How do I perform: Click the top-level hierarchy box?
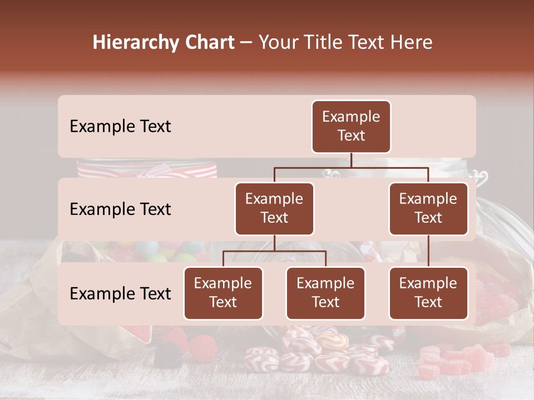click(351, 127)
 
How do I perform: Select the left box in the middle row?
click(274, 209)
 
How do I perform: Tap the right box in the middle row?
click(428, 209)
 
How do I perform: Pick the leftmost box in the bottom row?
click(223, 293)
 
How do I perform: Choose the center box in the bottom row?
click(325, 293)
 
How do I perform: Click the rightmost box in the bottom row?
click(428, 293)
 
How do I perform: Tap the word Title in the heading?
click(326, 43)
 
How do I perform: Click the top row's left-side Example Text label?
click(120, 127)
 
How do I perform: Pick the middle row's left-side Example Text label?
click(120, 209)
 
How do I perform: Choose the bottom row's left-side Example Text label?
click(120, 294)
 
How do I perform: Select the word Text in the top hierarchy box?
click(351, 136)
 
